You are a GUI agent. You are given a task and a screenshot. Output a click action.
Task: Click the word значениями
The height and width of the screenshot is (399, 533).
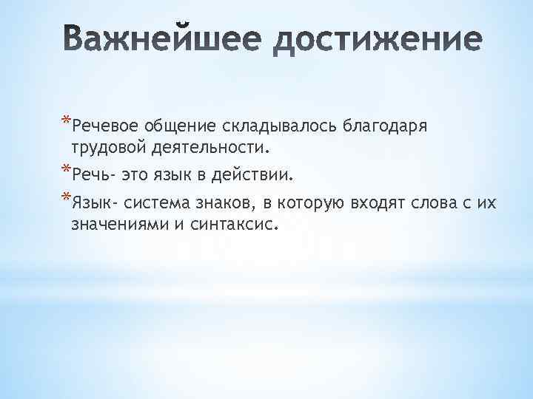(119, 223)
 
